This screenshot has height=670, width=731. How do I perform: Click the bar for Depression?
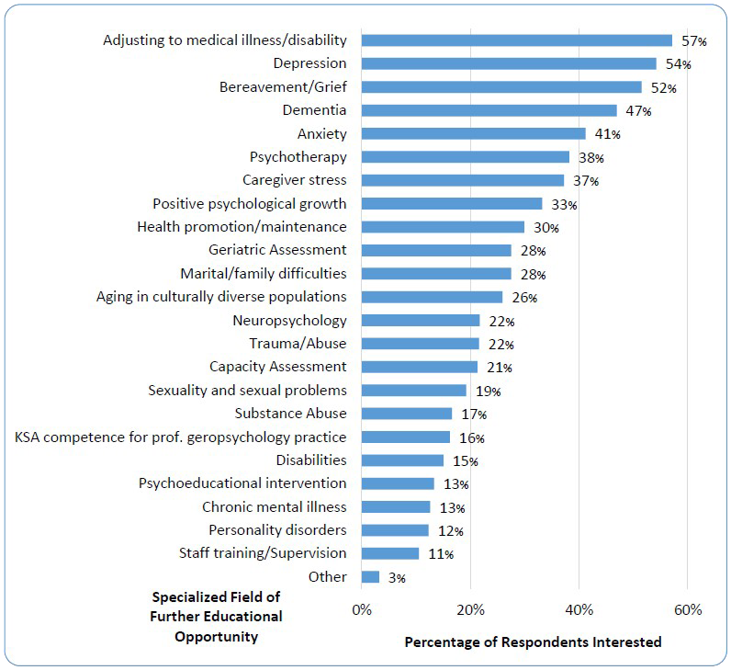(509, 63)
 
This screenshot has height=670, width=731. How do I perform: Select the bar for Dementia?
(489, 110)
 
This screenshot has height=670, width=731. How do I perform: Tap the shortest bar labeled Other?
(370, 577)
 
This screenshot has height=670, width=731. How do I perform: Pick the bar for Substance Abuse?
(407, 414)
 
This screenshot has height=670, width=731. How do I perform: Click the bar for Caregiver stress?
(462, 180)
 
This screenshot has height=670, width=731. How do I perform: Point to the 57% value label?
(693, 41)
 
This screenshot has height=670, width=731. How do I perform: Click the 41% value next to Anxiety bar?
(607, 134)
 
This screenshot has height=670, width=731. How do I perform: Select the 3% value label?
(396, 578)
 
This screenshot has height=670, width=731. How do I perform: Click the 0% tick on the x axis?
(362, 609)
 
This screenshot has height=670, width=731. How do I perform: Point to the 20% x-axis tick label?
(470, 609)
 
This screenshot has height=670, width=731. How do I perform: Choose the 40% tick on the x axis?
(579, 609)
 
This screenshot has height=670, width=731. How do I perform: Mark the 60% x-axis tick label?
(687, 609)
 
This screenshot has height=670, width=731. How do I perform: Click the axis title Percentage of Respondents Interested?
(533, 642)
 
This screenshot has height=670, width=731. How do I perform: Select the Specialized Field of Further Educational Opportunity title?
(216, 617)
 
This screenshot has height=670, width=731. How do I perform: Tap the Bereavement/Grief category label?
(283, 87)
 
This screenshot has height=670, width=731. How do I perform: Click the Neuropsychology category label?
(289, 321)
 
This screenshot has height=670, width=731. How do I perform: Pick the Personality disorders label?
(277, 530)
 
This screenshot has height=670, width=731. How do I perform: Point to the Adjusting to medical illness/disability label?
(225, 40)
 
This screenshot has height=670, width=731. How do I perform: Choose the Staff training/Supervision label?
(263, 553)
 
